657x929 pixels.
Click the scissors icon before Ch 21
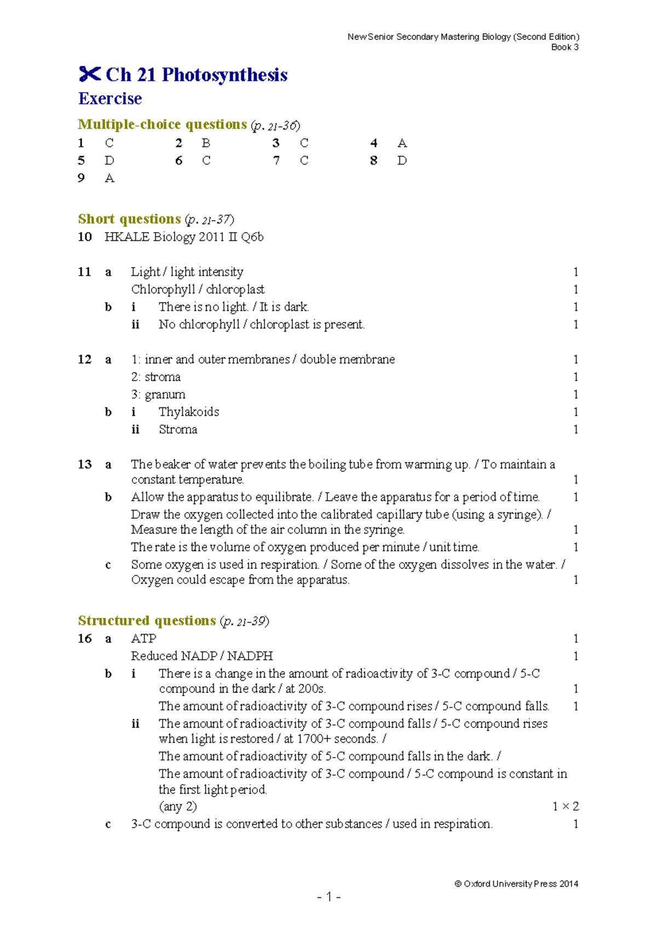90,74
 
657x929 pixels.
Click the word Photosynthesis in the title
224,75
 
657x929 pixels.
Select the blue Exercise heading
110,99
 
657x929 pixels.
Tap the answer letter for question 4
402,143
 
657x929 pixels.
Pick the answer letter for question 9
109,178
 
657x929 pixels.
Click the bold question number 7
276,161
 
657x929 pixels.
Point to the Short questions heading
129,219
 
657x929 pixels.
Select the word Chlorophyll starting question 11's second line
163,290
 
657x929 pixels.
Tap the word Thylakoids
189,412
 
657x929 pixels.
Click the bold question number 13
85,465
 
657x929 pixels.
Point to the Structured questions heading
147,621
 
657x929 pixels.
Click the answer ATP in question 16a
143,639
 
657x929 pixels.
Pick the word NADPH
250,656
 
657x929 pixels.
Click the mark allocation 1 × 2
565,806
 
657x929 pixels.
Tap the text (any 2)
177,806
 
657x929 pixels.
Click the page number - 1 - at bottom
328,897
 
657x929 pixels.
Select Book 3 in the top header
564,47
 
